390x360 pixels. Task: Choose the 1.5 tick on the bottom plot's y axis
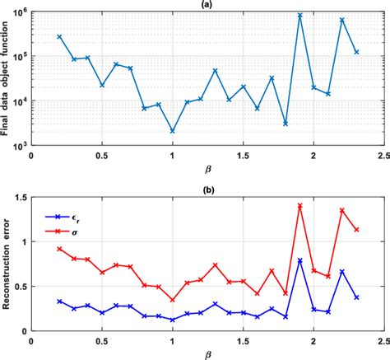pyautogui.click(x=20, y=198)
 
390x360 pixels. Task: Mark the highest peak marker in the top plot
pyautogui.click(x=299, y=16)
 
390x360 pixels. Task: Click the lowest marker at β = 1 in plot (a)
pyautogui.click(x=172, y=131)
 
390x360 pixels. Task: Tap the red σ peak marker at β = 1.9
pyautogui.click(x=299, y=206)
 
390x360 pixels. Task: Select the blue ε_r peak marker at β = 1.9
pyautogui.click(x=299, y=260)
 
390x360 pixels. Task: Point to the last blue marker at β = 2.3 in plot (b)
pyautogui.click(x=356, y=297)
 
